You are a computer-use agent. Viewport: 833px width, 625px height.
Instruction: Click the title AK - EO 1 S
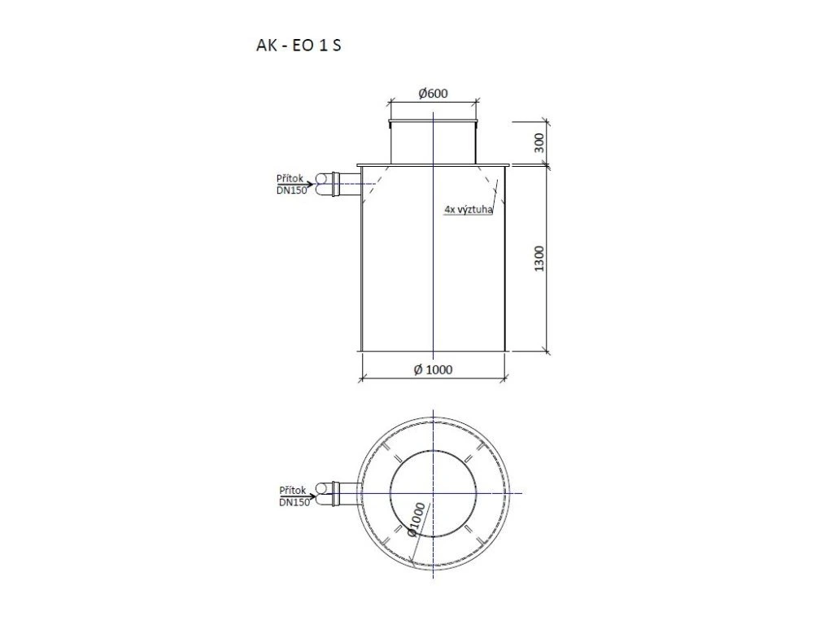click(x=299, y=46)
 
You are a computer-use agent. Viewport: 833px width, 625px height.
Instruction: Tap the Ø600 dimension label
click(x=433, y=94)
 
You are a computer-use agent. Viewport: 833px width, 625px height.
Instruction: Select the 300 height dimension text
click(x=539, y=143)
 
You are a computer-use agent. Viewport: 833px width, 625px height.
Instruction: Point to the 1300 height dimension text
click(x=539, y=258)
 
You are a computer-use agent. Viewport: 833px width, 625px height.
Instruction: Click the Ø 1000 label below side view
click(x=433, y=369)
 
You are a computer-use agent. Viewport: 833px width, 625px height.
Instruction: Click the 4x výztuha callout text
click(x=469, y=209)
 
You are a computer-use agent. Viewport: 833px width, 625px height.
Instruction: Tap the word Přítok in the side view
click(x=290, y=178)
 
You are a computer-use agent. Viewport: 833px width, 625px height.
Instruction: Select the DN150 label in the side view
click(x=292, y=190)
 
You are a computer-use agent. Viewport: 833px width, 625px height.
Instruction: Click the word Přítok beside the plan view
click(x=293, y=490)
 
